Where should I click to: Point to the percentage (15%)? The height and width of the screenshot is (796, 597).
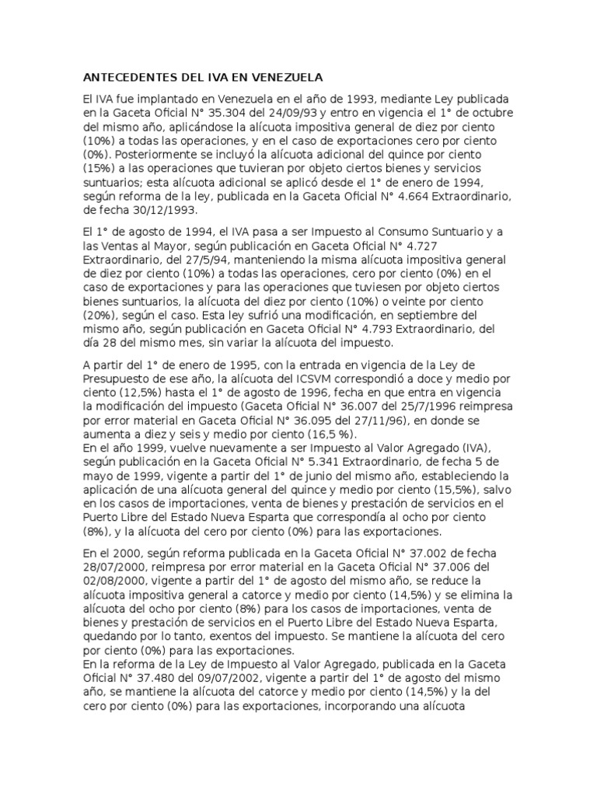pyautogui.click(x=99, y=168)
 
